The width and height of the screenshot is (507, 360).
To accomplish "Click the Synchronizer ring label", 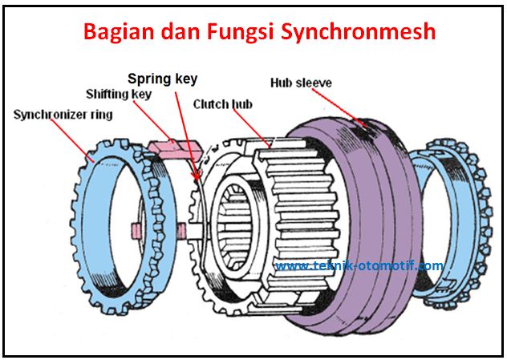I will [x=63, y=115].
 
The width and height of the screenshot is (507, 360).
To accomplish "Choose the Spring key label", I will [x=162, y=79].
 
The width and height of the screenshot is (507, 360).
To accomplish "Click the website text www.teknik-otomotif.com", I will [x=359, y=265].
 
